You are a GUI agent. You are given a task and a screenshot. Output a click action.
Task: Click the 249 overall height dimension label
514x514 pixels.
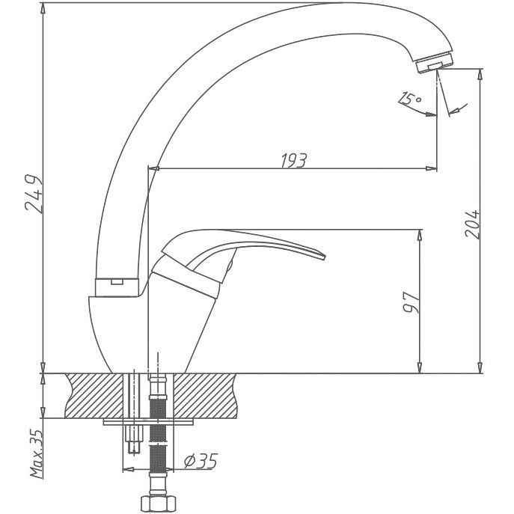pos(34,194)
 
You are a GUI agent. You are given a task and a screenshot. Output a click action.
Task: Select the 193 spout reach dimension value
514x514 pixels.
pos(294,160)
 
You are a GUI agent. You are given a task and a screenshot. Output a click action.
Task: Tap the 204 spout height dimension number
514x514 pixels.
pos(472,224)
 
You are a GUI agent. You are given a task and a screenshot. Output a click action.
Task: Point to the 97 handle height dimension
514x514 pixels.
pos(411,302)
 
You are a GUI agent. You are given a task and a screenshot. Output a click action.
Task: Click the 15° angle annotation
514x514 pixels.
pos(409,99)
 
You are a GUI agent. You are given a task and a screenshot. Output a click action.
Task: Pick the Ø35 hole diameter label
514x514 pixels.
pos(201,461)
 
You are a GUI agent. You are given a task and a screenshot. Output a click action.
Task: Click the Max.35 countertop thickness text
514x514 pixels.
pos(37,454)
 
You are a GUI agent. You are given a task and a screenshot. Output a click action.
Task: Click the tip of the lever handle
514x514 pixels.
pos(324,257)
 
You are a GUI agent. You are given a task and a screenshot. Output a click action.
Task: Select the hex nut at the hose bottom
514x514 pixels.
pos(159,504)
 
